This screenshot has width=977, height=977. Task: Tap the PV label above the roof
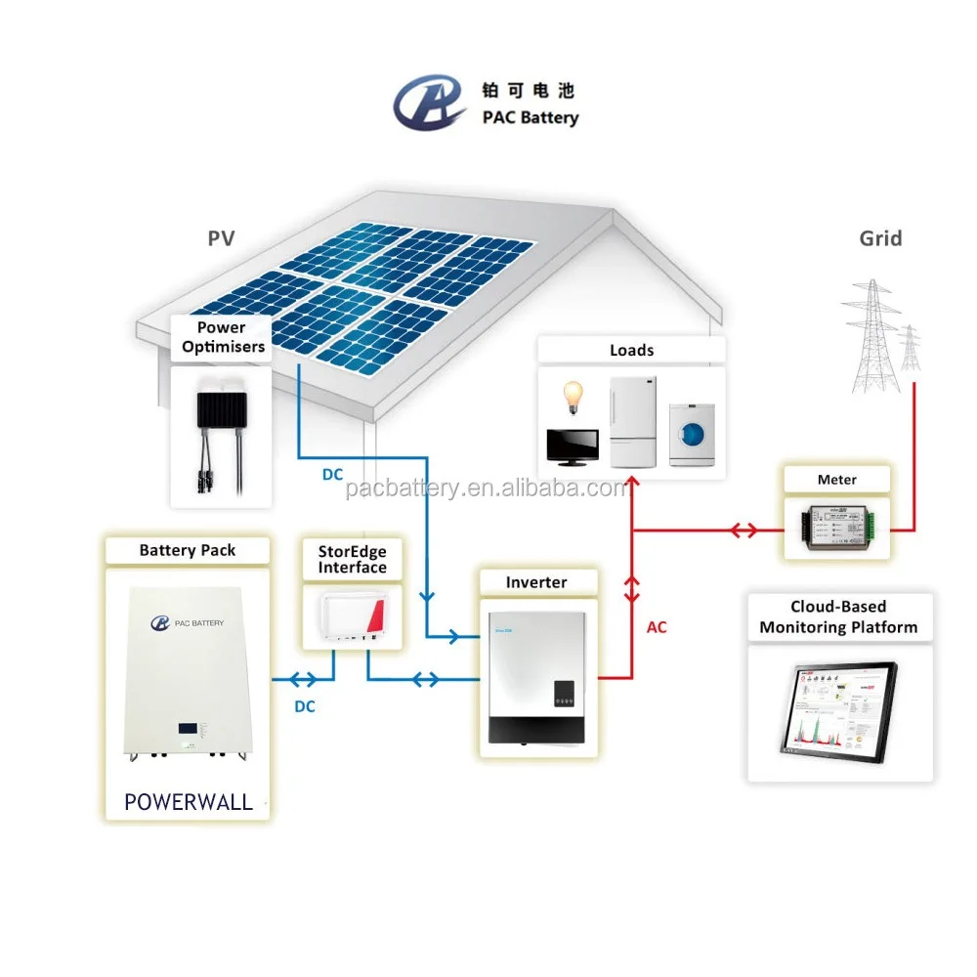point(221,237)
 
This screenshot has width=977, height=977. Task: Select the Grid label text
point(880,238)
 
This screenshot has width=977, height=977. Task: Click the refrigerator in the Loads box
point(631,421)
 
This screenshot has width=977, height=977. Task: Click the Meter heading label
point(836,480)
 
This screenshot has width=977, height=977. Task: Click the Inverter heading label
point(535,582)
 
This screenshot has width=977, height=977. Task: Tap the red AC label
point(657,627)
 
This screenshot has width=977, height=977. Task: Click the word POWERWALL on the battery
point(189,802)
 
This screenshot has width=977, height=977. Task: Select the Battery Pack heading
point(188,550)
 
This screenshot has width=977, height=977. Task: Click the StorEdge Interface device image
point(353,618)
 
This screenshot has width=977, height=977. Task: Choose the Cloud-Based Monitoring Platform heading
point(839,616)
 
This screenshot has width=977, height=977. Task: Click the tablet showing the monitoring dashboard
point(839,709)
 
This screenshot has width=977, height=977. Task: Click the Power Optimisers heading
point(222,337)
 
